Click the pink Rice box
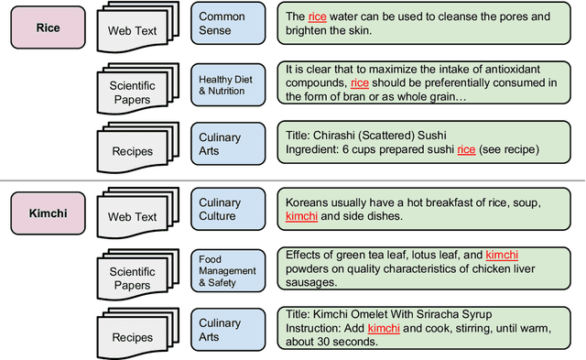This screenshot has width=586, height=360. [47, 27]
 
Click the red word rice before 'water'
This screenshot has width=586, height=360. [317, 17]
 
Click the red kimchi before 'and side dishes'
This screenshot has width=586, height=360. [302, 216]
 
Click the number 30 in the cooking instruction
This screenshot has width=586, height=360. [334, 344]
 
